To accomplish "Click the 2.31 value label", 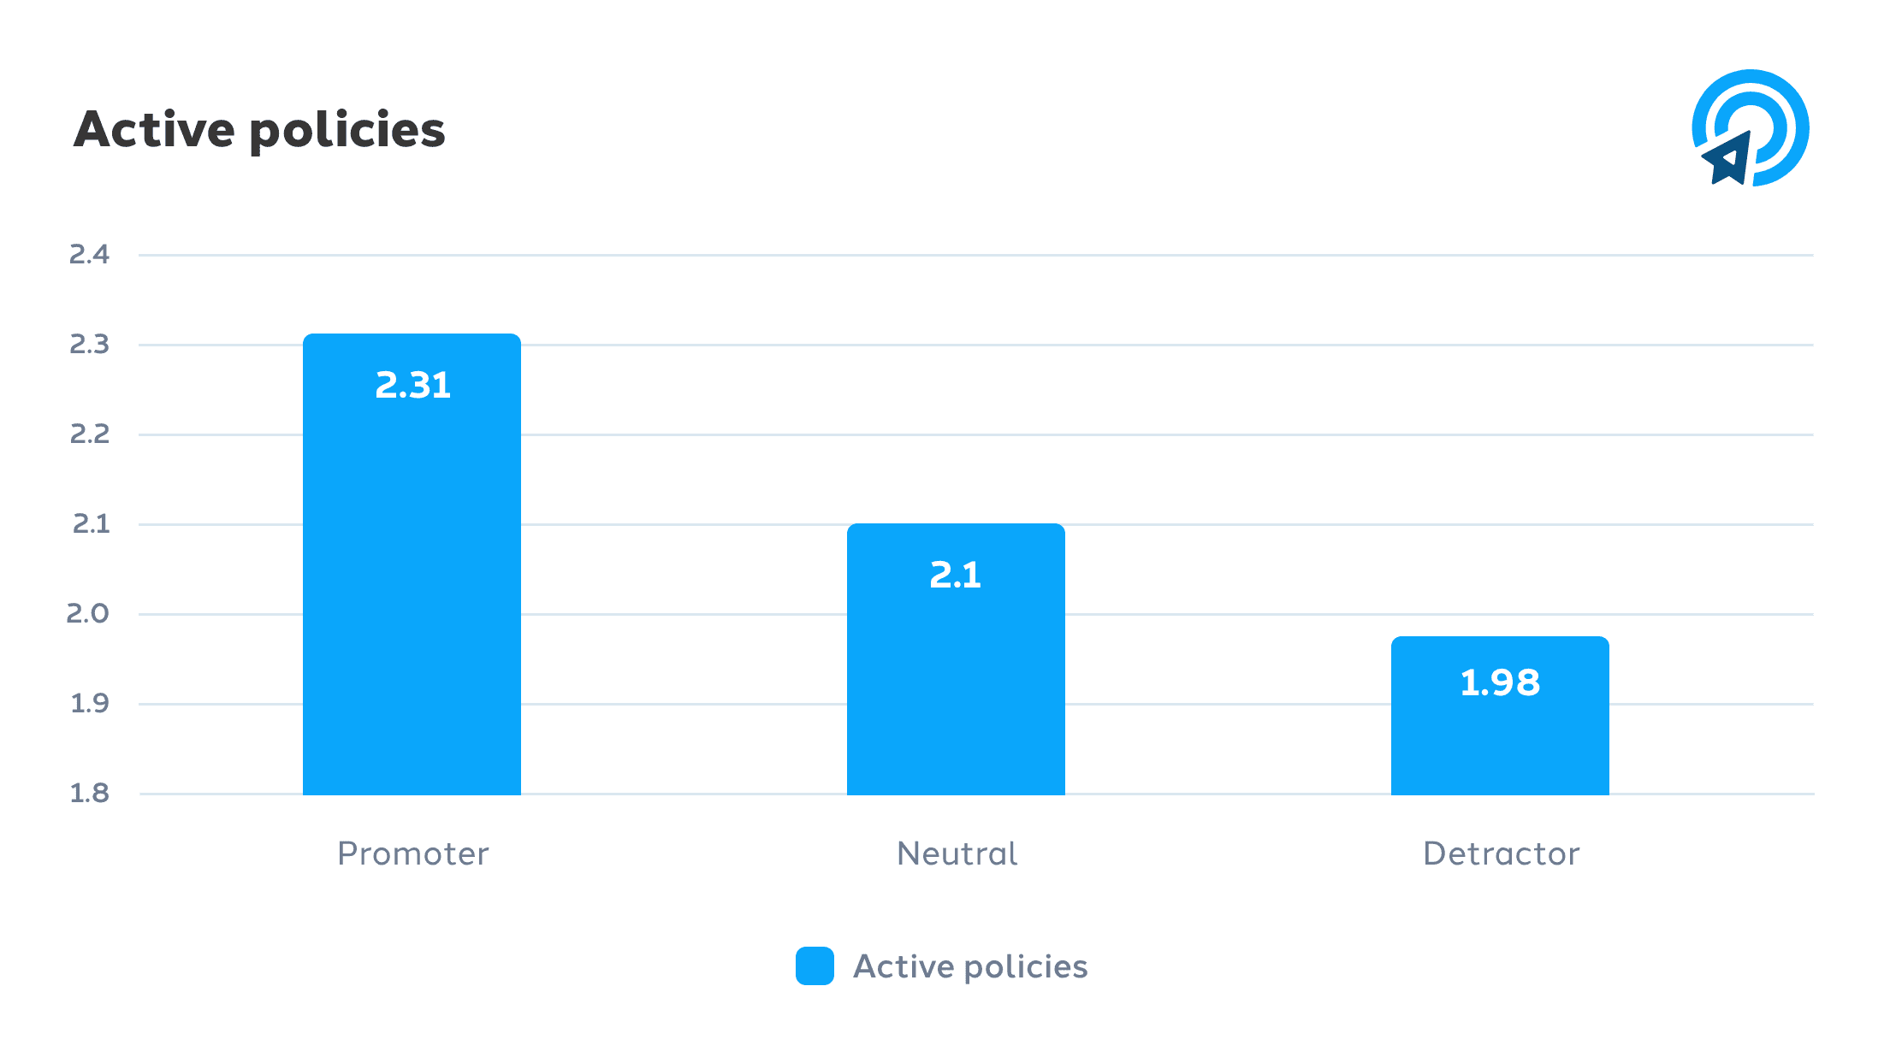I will coord(413,386).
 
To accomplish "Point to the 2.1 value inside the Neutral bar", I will coord(956,576).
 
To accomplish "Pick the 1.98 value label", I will coord(1500,682).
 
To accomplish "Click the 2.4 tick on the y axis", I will coord(90,254).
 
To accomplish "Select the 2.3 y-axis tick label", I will coord(90,344).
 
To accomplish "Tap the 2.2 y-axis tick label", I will coord(90,434).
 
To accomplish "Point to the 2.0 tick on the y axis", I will coord(88,613).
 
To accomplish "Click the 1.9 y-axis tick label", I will coord(90,703).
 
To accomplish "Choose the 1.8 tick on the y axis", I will coord(90,793).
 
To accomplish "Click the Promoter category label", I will coord(413,853).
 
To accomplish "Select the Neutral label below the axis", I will coord(957,853).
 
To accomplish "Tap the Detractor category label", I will coord(1501,853).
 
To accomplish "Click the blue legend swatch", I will coord(815,965).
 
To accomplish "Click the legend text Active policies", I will coord(970,966).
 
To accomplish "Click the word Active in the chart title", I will coord(154,130).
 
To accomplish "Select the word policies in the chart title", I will coord(347,132).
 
